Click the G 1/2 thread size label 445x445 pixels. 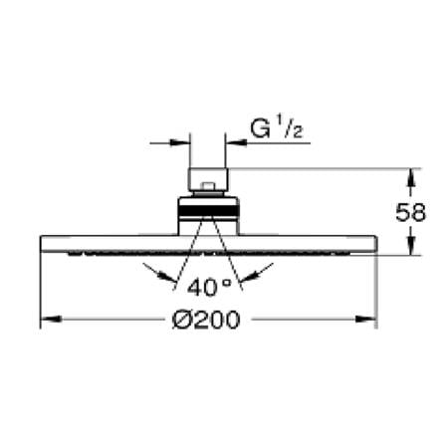point(272,128)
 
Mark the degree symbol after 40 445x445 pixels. point(224,285)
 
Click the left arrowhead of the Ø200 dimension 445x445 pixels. point(46,321)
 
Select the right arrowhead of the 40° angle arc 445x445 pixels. point(261,270)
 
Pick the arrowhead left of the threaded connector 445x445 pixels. point(183,142)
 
